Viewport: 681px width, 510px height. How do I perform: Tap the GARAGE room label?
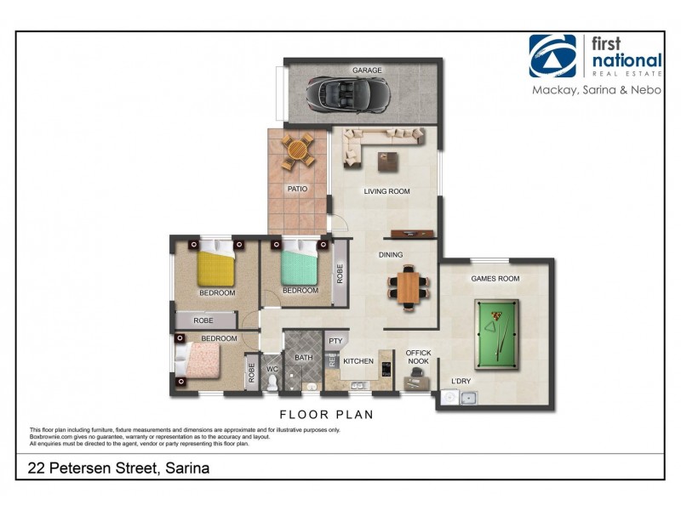[x=368, y=70]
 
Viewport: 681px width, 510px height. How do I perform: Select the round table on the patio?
[x=298, y=151]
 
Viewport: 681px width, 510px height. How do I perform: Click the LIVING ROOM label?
[x=387, y=191]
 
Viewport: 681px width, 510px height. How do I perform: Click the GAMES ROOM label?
[x=495, y=279]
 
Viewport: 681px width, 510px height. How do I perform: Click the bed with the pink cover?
[x=197, y=360]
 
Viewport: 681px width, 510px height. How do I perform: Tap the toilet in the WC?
[x=272, y=384]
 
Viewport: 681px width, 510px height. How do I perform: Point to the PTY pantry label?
[x=335, y=342]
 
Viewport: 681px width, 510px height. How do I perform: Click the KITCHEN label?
[x=358, y=361]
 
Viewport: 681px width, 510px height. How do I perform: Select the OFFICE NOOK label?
[x=419, y=357]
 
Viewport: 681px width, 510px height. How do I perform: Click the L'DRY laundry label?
[x=461, y=380]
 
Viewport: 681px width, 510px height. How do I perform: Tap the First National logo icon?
[x=552, y=56]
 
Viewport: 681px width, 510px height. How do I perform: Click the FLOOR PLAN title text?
[x=327, y=415]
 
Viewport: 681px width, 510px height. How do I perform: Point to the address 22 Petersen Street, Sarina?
[x=118, y=467]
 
